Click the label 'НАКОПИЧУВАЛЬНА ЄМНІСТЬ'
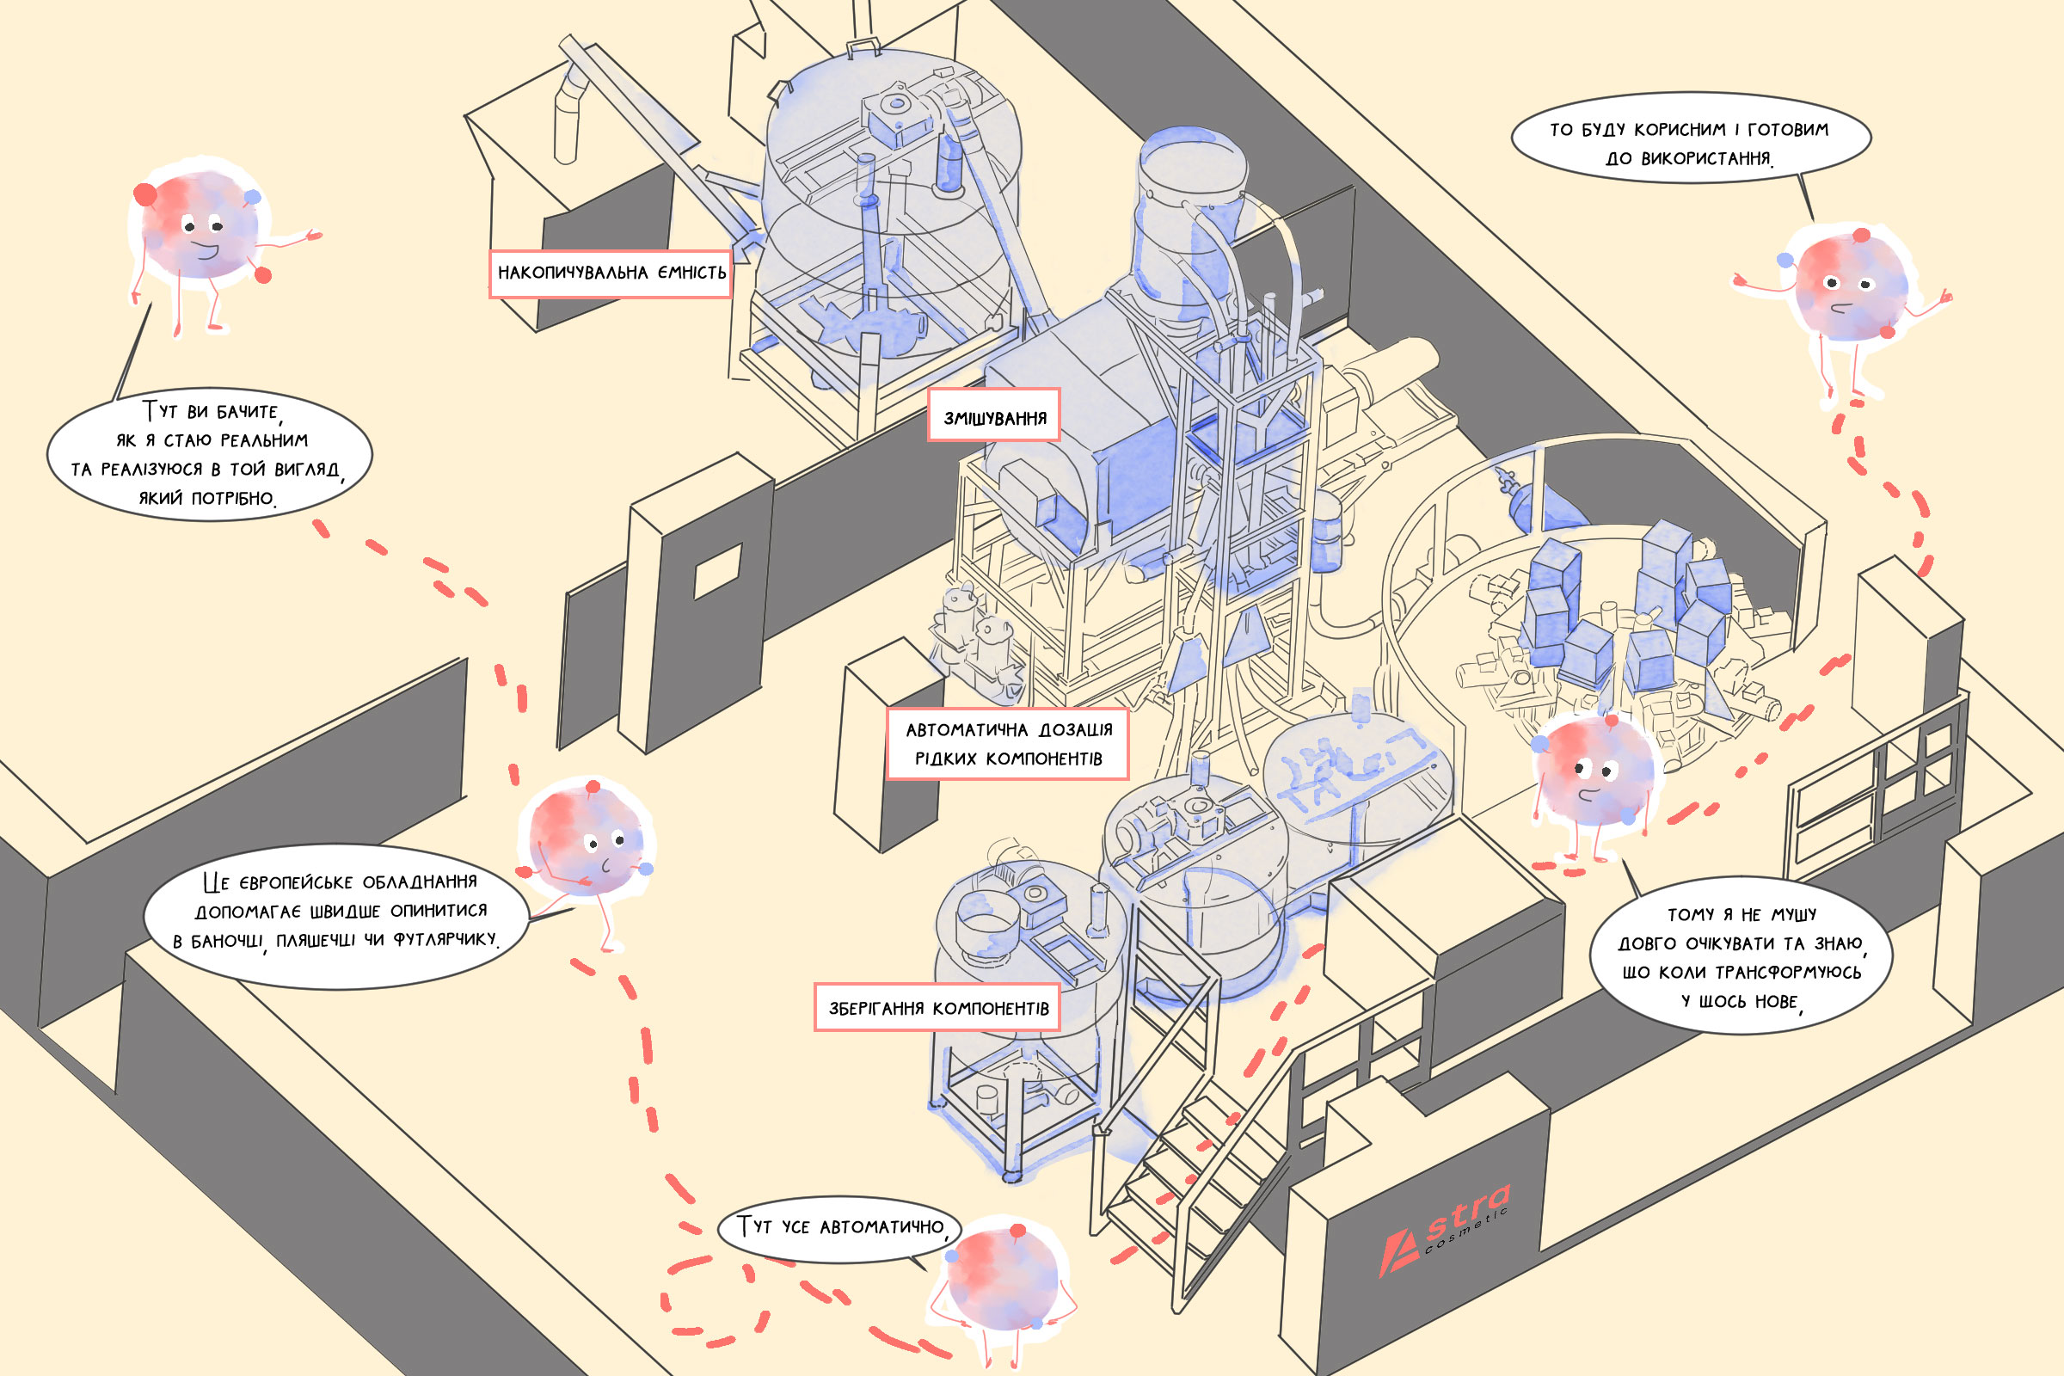point(611,273)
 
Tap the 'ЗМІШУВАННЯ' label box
point(994,416)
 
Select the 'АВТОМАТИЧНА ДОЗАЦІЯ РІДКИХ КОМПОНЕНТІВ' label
point(1007,743)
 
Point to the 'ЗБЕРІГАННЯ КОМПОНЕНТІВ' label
point(937,1007)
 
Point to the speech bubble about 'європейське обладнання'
point(335,912)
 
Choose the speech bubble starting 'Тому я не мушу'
point(1739,956)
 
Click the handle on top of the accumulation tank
point(863,46)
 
